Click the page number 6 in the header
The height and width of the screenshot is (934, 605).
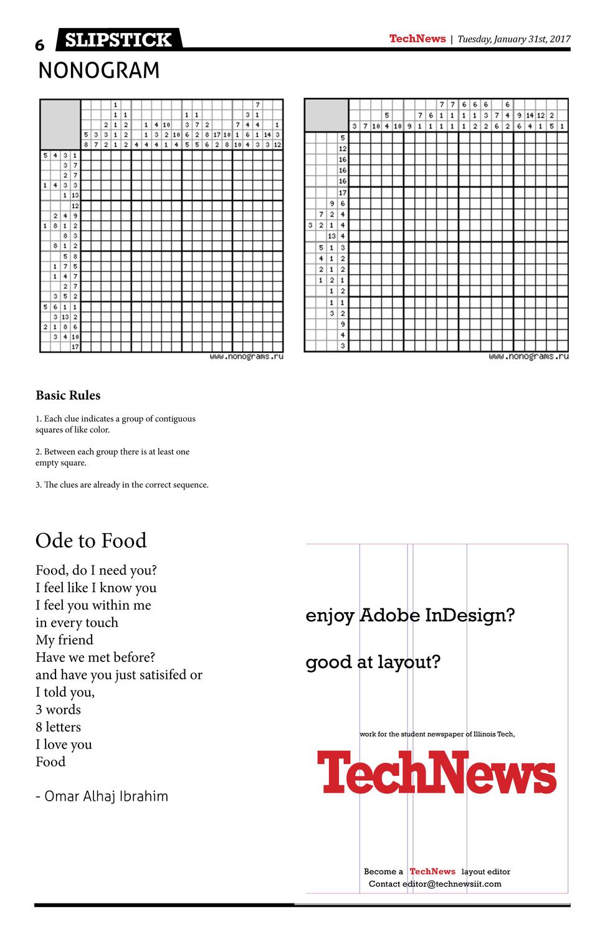pyautogui.click(x=40, y=45)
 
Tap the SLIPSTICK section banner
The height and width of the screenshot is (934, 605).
pyautogui.click(x=118, y=40)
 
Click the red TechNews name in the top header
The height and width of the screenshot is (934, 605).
pyautogui.click(x=417, y=39)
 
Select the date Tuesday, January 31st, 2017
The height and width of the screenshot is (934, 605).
pyautogui.click(x=514, y=39)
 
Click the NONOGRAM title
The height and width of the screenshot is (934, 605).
pyautogui.click(x=99, y=71)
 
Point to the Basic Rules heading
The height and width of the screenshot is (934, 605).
pyautogui.click(x=68, y=395)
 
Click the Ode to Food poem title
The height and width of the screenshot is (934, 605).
pyautogui.click(x=91, y=540)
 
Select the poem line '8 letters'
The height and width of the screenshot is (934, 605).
pyautogui.click(x=58, y=727)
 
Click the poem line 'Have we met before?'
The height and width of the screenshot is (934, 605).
pyautogui.click(x=95, y=657)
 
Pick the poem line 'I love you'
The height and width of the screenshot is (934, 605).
pyautogui.click(x=64, y=744)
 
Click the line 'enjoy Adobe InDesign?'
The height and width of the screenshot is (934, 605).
pyautogui.click(x=410, y=616)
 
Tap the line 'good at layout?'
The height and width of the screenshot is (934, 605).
pyautogui.click(x=373, y=662)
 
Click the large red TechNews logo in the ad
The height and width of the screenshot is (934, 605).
pyautogui.click(x=436, y=772)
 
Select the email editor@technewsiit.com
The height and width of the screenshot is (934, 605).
pyautogui.click(x=452, y=884)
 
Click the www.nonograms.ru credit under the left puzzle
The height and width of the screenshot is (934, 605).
pyautogui.click(x=246, y=357)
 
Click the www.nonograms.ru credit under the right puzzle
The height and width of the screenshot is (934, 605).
pyautogui.click(x=528, y=357)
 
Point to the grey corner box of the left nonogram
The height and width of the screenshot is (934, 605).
pyautogui.click(x=60, y=124)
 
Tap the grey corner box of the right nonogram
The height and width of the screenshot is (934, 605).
pyautogui.click(x=326, y=115)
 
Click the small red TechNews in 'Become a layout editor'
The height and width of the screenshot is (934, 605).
pyautogui.click(x=432, y=872)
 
